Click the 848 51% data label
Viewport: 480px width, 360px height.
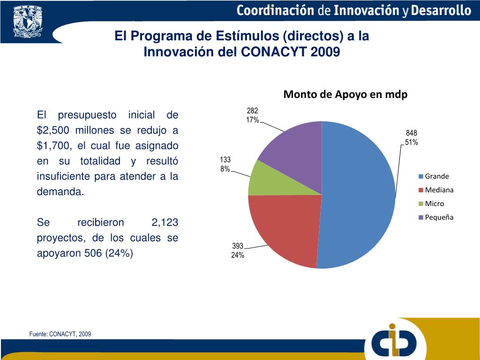point(412,138)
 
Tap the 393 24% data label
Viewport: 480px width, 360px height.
point(238,251)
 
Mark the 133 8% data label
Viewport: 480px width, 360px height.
point(225,165)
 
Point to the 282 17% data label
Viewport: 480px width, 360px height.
point(252,115)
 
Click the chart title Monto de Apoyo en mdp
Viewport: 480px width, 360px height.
point(345,94)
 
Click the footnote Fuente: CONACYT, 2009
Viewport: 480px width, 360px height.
point(60,334)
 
